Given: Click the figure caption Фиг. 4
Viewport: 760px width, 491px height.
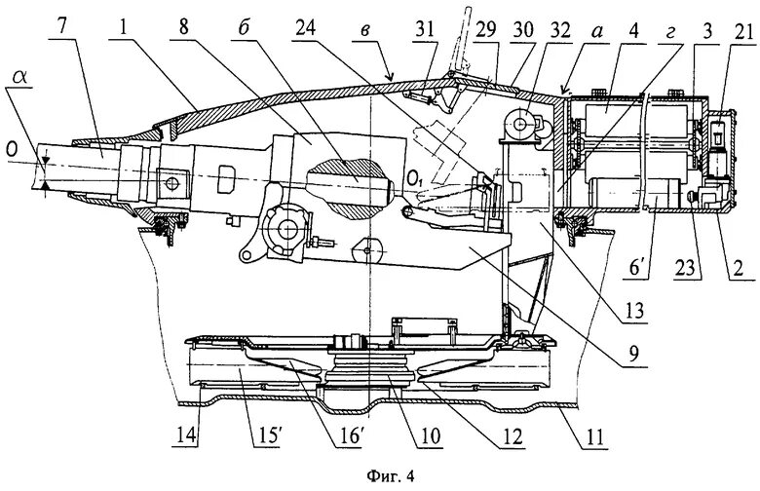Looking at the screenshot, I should click(380, 476).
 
